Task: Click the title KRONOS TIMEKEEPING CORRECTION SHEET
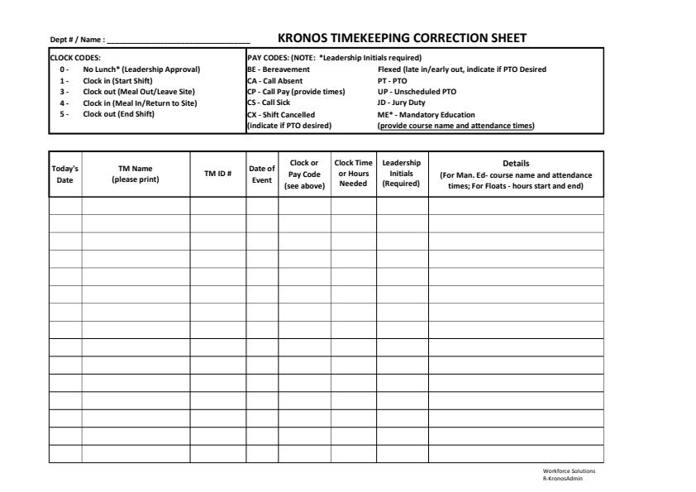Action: point(402,38)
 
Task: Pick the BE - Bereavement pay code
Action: point(279,69)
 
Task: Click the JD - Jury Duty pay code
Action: point(401,103)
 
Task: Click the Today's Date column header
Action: point(64,174)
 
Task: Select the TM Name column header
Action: point(136,174)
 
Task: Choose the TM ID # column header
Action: point(217,174)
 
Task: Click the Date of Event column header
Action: point(261,174)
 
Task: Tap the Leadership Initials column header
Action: point(402,173)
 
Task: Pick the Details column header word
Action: point(516,164)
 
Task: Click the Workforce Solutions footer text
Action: point(568,471)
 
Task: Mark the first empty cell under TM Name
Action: point(136,206)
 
